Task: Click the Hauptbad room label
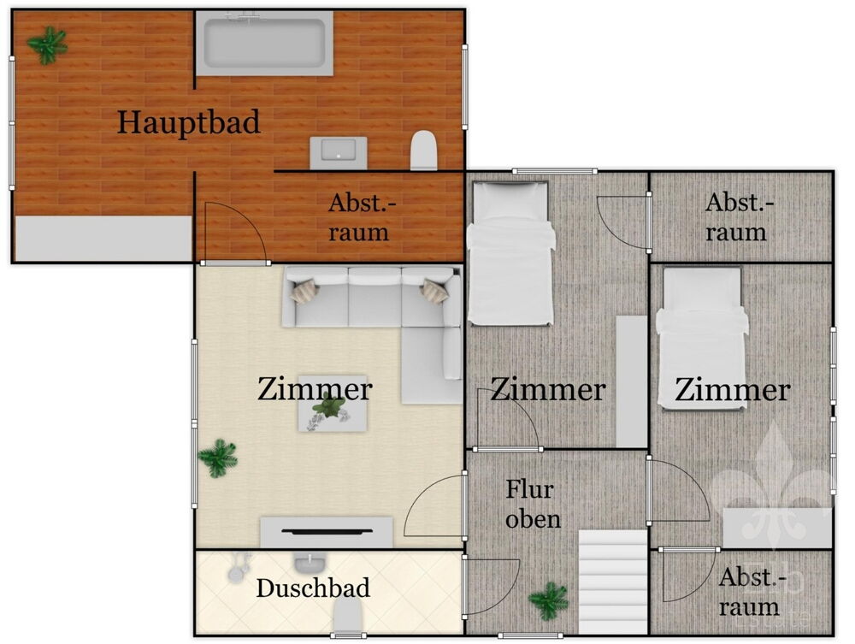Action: click(188, 122)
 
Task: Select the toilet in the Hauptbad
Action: click(424, 151)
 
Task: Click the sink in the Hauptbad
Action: click(338, 151)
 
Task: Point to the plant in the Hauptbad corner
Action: click(47, 44)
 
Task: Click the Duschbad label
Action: click(313, 588)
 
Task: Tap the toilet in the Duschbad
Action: click(347, 617)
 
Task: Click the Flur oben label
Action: click(530, 505)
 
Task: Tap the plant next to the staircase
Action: click(549, 600)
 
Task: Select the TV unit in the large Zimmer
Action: click(326, 532)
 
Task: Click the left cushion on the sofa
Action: click(304, 292)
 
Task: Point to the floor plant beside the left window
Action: click(218, 458)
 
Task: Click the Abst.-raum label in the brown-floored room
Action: click(359, 217)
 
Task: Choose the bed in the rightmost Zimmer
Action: click(702, 337)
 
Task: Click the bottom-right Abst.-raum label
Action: click(748, 592)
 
